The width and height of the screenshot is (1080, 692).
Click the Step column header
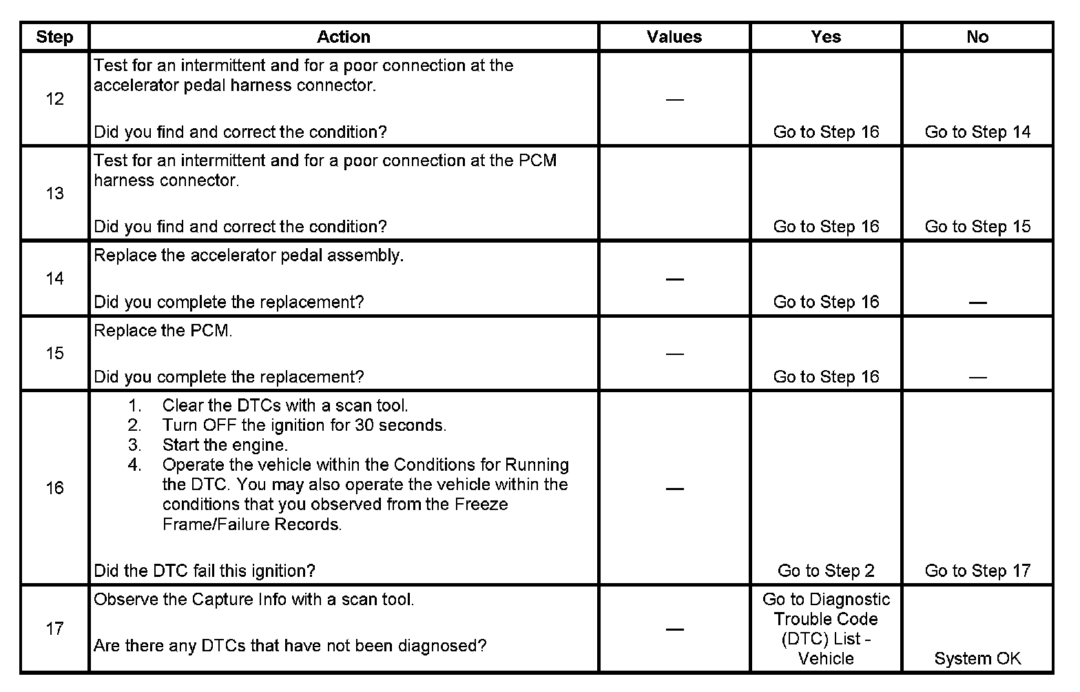54,37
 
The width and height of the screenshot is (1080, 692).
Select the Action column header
344,37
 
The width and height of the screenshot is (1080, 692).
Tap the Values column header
674,37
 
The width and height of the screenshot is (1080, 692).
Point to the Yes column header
826,37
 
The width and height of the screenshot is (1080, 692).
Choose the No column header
977,37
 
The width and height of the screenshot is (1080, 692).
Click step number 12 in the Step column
54,99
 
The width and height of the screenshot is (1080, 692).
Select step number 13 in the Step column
54,193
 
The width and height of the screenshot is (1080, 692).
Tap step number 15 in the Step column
54,353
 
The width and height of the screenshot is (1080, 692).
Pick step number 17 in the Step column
54,629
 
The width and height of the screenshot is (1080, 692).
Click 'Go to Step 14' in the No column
977,132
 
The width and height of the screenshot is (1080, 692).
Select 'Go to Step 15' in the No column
977,227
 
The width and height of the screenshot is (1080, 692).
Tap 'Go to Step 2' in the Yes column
826,571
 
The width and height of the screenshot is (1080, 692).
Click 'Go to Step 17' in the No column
977,571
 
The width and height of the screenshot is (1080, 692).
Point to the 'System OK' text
977,658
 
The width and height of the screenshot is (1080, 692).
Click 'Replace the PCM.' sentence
163,331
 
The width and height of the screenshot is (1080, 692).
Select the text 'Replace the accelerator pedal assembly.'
249,256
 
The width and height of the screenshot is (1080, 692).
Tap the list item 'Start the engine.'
225,445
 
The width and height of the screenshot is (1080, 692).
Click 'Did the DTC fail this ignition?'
205,571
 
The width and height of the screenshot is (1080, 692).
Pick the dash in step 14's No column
977,303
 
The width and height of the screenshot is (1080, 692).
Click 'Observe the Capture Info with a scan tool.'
254,600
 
